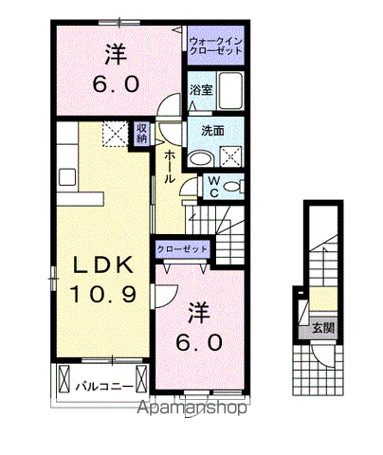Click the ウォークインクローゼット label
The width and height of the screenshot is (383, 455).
click(216, 45)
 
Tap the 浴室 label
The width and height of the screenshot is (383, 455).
click(201, 90)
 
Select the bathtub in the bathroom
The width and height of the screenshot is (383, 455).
click(230, 91)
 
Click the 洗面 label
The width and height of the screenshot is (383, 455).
click(213, 131)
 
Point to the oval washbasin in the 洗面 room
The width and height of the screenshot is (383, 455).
click(201, 158)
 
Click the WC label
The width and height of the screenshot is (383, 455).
click(214, 187)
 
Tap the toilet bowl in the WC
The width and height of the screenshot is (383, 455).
click(232, 187)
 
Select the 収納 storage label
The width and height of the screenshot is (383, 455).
click(141, 133)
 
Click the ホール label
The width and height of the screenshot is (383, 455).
click(170, 166)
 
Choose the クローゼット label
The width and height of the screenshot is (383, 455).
click(182, 249)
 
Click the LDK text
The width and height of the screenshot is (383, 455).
click(103, 264)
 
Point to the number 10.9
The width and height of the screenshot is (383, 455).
click(103, 294)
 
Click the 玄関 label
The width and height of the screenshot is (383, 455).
click(323, 328)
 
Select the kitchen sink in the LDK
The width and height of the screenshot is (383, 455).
click(67, 177)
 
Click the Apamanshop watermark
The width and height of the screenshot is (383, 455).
click(191, 408)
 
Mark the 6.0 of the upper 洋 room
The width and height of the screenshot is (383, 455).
click(116, 84)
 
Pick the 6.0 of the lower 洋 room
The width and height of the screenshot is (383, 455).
click(199, 342)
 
